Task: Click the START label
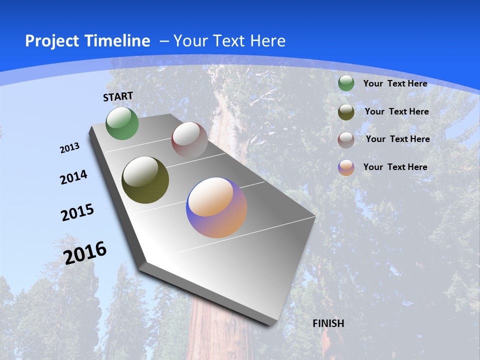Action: point(118,96)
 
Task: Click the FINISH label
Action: point(328,323)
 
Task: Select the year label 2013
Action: point(70,148)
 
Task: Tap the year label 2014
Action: point(74,177)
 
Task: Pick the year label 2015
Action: point(77,212)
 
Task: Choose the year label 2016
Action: point(85,252)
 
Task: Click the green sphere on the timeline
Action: point(122,123)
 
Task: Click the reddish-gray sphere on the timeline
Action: point(189,140)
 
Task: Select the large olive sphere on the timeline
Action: point(145,180)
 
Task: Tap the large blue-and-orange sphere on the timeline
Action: point(216,207)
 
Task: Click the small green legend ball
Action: point(346,83)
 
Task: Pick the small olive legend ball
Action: point(346,112)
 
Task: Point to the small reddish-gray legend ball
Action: point(346,139)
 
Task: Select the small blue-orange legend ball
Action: point(346,167)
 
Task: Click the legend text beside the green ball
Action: point(395,83)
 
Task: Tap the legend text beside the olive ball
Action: point(396,111)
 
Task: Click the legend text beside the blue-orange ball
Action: point(395,167)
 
